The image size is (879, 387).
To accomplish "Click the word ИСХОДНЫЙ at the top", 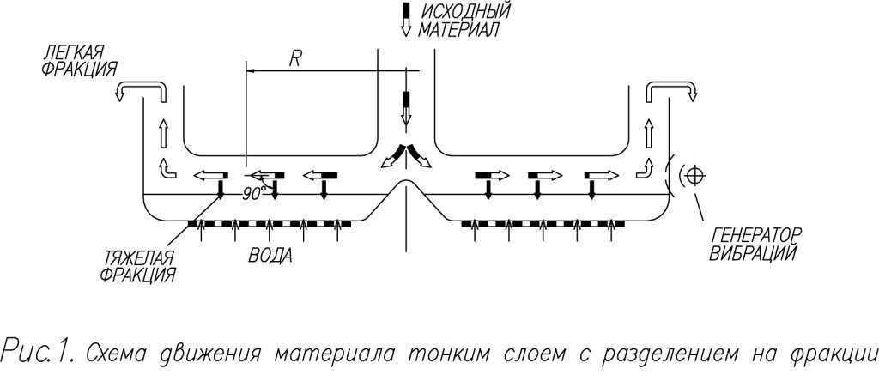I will tap(464, 12).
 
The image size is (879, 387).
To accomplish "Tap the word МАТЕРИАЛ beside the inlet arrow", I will tap(459, 31).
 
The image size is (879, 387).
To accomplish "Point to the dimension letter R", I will tap(295, 59).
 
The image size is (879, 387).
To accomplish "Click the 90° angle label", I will tap(252, 194).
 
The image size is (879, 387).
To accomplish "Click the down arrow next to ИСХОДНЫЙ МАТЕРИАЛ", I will tap(407, 20).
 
